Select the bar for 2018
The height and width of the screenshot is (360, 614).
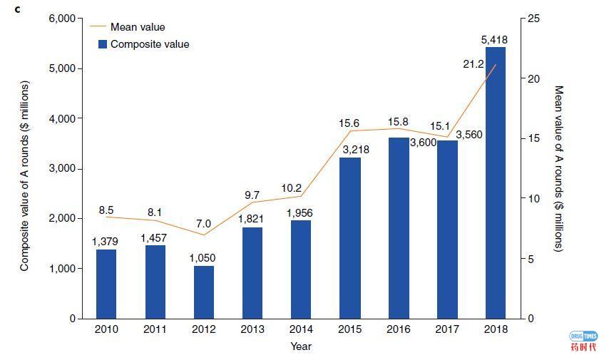pyautogui.click(x=495, y=182)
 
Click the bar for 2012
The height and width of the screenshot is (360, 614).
pyautogui.click(x=203, y=292)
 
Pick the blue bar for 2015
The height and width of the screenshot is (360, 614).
pyautogui.click(x=349, y=237)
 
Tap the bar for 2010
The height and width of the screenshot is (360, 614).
pyautogui.click(x=106, y=284)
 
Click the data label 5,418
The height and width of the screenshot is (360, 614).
pyautogui.click(x=494, y=40)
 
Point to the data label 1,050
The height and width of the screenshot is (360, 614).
pyautogui.click(x=203, y=258)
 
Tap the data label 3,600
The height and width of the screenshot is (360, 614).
pyautogui.click(x=423, y=143)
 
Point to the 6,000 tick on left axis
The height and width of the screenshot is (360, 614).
pyautogui.click(x=61, y=19)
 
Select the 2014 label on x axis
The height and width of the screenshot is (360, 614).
pyautogui.click(x=300, y=329)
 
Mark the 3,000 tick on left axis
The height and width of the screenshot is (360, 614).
pyautogui.click(x=61, y=169)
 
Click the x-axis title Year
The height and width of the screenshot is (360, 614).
pyautogui.click(x=300, y=346)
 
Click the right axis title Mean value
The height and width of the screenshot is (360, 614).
pyautogui.click(x=558, y=168)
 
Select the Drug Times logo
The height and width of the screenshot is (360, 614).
pyautogui.click(x=584, y=341)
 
